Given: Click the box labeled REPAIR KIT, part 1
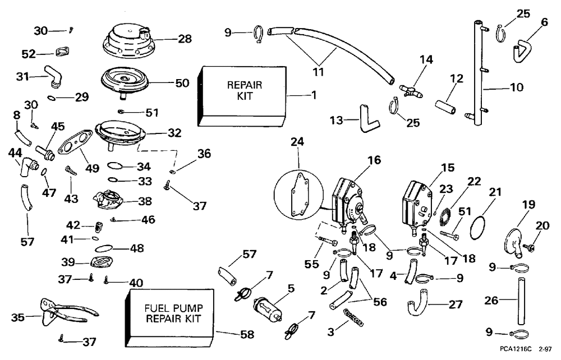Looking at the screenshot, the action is click(x=242, y=96).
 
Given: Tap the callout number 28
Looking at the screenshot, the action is click(x=185, y=39).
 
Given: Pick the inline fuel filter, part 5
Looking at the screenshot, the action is click(x=267, y=308).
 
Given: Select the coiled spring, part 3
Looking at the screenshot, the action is click(x=353, y=317).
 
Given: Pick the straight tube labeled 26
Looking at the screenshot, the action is click(x=518, y=300).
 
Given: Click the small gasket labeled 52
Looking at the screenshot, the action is click(x=62, y=52).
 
